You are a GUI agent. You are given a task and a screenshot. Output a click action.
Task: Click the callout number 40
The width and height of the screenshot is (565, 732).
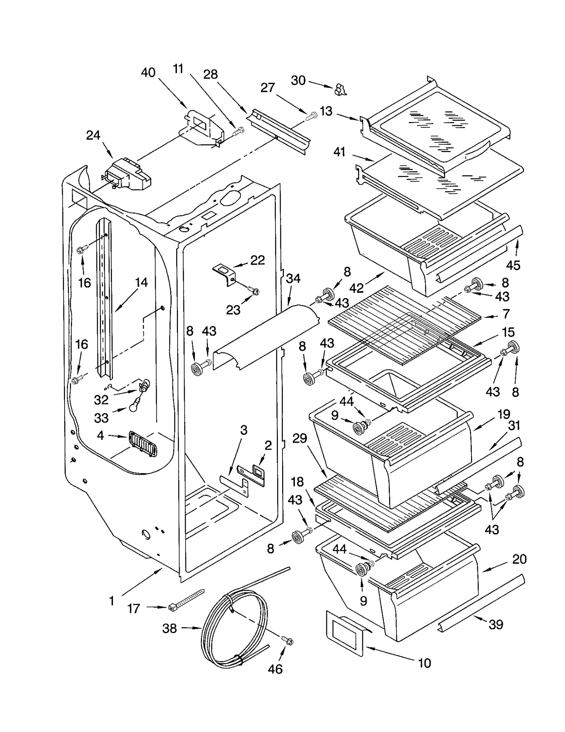[x=148, y=73]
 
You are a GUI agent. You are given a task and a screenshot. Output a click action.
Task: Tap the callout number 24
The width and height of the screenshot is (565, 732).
[x=93, y=135]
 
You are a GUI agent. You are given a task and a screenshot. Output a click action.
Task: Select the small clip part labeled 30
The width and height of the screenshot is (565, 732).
[x=340, y=89]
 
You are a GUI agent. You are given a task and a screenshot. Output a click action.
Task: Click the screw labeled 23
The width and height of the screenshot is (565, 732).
[x=253, y=290]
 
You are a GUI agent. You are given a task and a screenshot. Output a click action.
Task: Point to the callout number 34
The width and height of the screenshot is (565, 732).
[x=293, y=278]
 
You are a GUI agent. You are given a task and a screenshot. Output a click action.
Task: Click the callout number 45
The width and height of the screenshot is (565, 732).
[x=513, y=265]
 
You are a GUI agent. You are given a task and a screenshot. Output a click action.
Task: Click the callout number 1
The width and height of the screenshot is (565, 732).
[x=112, y=600]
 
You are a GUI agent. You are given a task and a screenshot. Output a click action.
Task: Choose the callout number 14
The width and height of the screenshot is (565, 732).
[x=141, y=282]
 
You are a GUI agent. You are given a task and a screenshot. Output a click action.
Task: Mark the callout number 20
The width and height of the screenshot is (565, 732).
[x=519, y=559]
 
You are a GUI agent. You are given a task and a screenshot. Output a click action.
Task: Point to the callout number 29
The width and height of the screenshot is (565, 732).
[x=299, y=438]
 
